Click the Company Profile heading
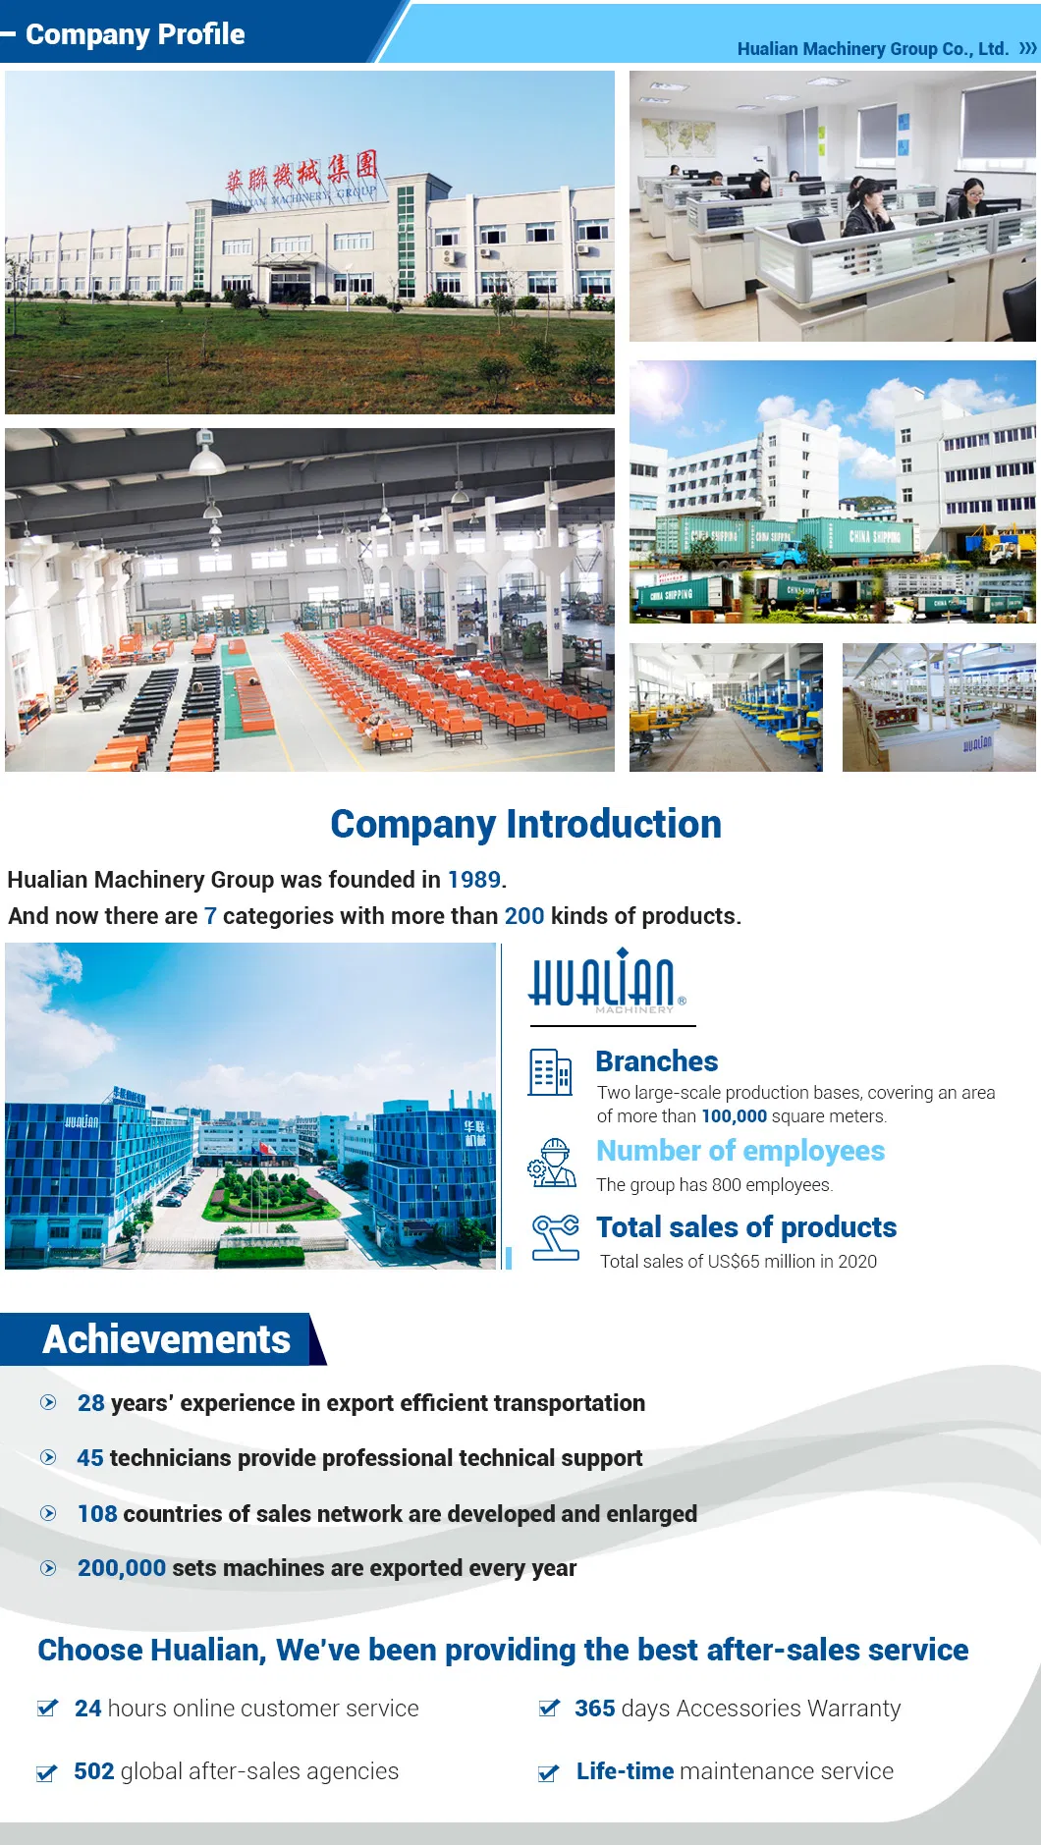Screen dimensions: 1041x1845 [136, 34]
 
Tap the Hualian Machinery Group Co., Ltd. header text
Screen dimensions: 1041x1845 [873, 49]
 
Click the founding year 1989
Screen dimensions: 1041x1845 [474, 880]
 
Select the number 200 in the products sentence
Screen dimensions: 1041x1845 [524, 916]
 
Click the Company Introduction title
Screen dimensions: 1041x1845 [525, 824]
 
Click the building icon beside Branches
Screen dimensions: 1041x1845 [550, 1072]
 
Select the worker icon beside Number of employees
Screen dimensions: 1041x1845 [552, 1163]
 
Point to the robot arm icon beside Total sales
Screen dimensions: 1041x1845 [555, 1237]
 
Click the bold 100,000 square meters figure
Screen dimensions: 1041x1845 [734, 1116]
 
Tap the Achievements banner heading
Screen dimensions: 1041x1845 [166, 1339]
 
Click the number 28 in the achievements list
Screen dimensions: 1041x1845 [91, 1403]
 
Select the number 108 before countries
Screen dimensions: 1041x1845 [97, 1514]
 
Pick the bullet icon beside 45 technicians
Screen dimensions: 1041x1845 [48, 1458]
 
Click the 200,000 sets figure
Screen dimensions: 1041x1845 [122, 1568]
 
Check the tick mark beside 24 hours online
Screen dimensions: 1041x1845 [47, 1708]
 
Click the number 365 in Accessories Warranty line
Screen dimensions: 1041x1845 [595, 1709]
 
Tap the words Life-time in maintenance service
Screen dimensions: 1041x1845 [625, 1771]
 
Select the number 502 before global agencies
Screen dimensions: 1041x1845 [94, 1771]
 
